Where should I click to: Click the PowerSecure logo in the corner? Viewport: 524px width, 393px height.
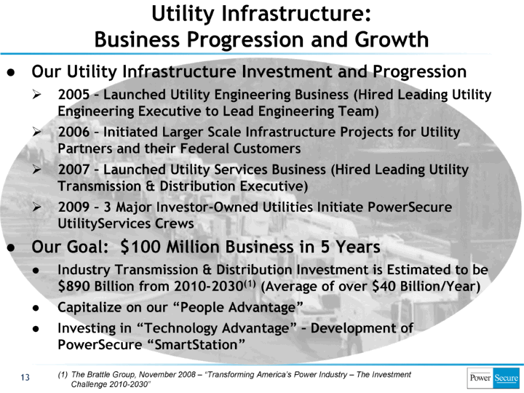click(493, 378)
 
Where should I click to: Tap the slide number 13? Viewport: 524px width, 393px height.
click(25, 378)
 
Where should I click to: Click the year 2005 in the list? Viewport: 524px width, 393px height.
click(74, 95)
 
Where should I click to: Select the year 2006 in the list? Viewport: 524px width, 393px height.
click(74, 132)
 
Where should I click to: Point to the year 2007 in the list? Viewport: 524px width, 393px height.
click(74, 170)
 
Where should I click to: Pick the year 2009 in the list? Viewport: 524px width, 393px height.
click(74, 207)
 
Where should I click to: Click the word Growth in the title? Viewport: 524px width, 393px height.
click(392, 39)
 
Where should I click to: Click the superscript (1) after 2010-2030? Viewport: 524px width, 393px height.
click(250, 283)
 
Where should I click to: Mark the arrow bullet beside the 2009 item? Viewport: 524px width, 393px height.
click(36, 207)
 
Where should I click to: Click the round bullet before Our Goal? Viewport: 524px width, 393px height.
click(11, 248)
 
